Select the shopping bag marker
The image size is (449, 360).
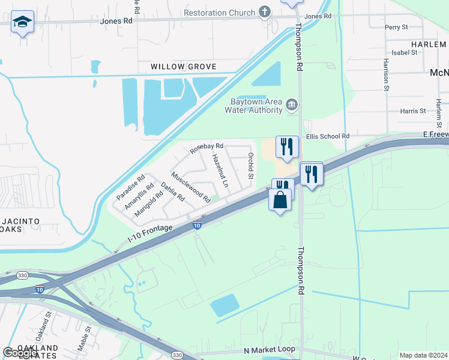click(x=280, y=200)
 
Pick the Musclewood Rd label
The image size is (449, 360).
click(x=191, y=187)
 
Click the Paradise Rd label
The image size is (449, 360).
click(x=131, y=187)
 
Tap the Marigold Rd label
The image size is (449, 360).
click(x=149, y=203)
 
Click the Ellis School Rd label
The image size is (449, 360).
click(x=328, y=136)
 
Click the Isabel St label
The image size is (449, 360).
click(x=404, y=52)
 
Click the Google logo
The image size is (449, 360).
click(x=20, y=353)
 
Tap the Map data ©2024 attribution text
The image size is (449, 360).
click(x=423, y=355)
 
